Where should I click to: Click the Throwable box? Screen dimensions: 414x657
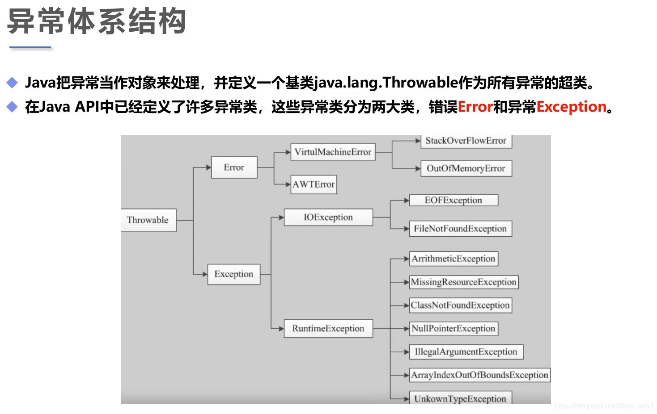(x=148, y=220)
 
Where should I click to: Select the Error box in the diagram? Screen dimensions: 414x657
(x=234, y=167)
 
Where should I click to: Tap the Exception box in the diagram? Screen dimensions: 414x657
(x=233, y=274)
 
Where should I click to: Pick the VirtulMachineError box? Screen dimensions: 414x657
(x=333, y=152)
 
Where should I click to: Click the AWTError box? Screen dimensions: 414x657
(x=314, y=184)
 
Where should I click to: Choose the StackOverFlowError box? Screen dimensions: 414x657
(x=466, y=141)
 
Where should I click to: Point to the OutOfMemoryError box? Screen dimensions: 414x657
(x=466, y=169)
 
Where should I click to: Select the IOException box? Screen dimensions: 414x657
(x=328, y=217)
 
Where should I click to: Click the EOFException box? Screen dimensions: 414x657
(x=453, y=201)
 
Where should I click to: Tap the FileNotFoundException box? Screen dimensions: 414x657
(x=460, y=229)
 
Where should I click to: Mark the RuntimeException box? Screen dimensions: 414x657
(x=328, y=329)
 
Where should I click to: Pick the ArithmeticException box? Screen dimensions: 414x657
(x=454, y=259)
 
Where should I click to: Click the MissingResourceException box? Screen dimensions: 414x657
(x=464, y=282)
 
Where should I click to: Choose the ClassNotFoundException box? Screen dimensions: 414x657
(x=460, y=305)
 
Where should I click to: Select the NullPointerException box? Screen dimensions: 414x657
(x=454, y=329)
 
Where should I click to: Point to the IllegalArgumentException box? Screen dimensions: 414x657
(x=466, y=352)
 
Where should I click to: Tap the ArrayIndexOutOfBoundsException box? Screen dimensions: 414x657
(x=479, y=375)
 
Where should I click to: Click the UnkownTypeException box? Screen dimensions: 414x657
(x=460, y=398)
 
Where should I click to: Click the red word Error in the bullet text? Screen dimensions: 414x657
(x=475, y=107)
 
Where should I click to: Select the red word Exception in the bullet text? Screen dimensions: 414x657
(x=571, y=107)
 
